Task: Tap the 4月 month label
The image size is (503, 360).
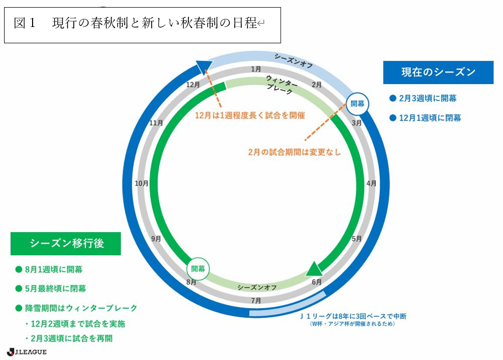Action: [x=371, y=183]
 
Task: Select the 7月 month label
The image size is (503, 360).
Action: [x=256, y=300]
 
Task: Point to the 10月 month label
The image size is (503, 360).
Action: [x=142, y=183]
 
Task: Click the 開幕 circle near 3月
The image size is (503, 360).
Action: [x=358, y=103]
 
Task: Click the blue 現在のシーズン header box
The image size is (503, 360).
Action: [x=438, y=72]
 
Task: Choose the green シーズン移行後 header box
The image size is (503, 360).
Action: [x=66, y=243]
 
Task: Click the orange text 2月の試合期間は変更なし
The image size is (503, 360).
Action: [x=294, y=152]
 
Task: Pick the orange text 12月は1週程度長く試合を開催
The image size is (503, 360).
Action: [x=249, y=116]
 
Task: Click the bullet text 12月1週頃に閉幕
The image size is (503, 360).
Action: [x=430, y=118]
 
